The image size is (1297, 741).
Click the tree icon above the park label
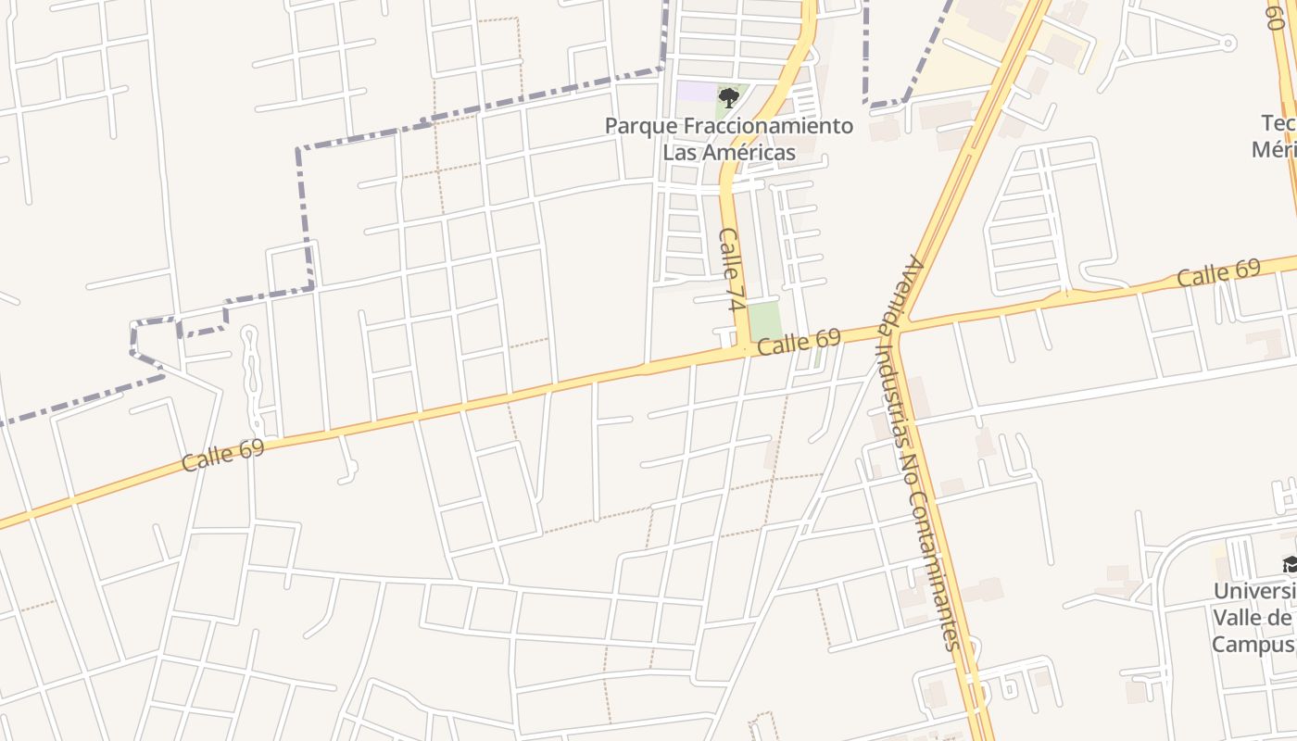tap(729, 97)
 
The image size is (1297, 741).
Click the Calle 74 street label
tap(732, 270)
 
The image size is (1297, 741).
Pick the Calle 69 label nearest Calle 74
tap(799, 343)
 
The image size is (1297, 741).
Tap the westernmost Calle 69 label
tap(223, 455)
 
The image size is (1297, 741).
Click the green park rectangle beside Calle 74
tap(764, 320)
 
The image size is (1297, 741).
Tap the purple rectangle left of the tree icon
tap(697, 92)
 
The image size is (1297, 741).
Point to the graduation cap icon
tap(1290, 564)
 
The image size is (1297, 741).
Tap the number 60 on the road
tap(1276, 14)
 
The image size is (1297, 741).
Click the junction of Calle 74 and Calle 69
tap(742, 350)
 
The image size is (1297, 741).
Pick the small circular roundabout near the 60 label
tap(1228, 43)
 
